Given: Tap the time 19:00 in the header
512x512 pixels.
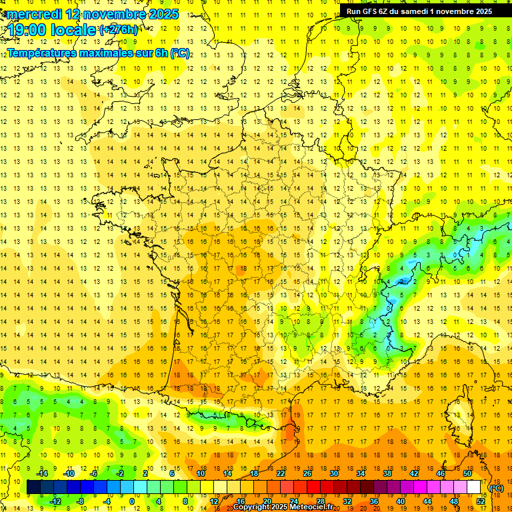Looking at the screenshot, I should pos(27,30).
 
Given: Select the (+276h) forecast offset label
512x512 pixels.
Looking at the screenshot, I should pos(119,30).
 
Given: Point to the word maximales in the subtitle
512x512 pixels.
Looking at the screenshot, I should pos(116,53).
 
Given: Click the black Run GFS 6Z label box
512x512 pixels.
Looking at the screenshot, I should pos(419,11).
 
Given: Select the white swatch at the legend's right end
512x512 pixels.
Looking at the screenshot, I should pos(474,487).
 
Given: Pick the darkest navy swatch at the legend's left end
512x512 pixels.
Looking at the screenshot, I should pos(33,487).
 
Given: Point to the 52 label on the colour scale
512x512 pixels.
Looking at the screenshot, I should pos(481,501).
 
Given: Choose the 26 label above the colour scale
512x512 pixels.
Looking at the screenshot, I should pos(307,473).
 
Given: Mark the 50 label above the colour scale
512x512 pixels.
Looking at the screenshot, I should pos(467,473).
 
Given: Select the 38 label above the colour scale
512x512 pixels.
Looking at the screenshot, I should pos(387,473).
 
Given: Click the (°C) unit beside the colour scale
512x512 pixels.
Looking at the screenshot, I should pos(497,488).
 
